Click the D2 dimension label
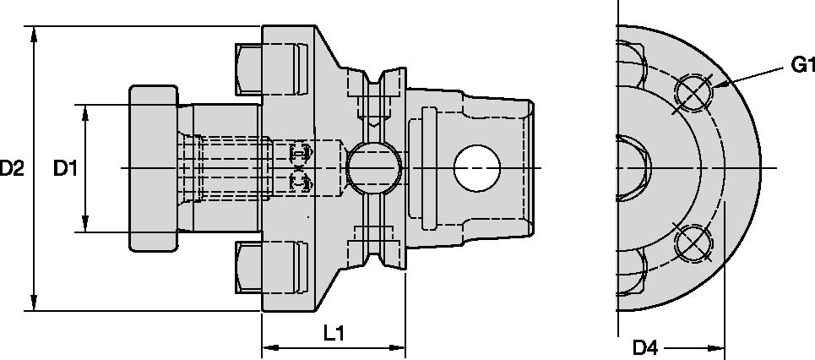11,169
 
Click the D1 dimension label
66,169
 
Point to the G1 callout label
802,65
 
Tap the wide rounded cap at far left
153,167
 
